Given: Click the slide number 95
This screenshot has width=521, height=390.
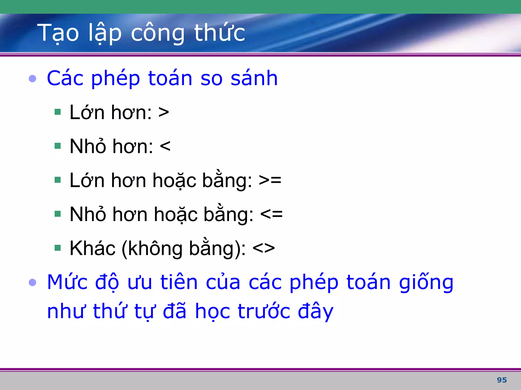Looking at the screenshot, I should [x=502, y=380].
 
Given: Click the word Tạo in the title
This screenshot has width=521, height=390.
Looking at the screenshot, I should [x=58, y=33].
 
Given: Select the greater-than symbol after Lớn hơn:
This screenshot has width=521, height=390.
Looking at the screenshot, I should [x=164, y=112].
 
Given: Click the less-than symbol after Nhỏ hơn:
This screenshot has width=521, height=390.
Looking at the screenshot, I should [x=165, y=147].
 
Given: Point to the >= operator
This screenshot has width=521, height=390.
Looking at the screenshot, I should [x=270, y=180].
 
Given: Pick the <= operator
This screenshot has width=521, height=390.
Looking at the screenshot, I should [x=271, y=214].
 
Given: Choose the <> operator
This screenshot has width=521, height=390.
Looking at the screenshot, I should [x=264, y=248].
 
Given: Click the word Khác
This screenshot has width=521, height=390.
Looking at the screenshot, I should [x=92, y=248].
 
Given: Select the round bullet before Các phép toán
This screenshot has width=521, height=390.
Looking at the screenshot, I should [x=33, y=79].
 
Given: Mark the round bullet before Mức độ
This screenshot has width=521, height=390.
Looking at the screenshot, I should [x=33, y=282].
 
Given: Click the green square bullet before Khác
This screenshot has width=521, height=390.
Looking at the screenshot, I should [x=58, y=248].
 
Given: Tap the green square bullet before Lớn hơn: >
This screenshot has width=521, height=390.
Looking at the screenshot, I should [x=58, y=112].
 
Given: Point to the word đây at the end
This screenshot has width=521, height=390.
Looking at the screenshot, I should [x=315, y=312].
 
